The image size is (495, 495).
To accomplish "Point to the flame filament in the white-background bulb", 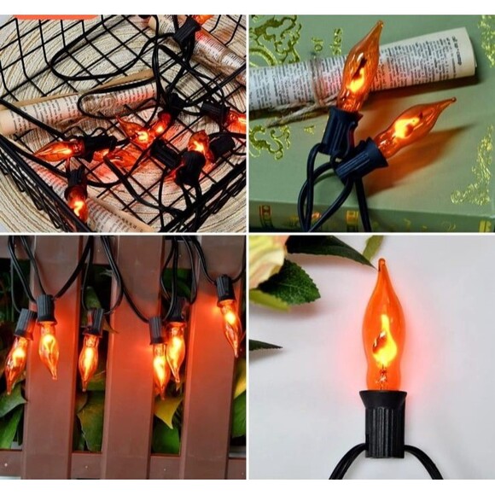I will [x=382, y=336].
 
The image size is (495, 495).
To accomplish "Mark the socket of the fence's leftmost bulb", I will [x=25, y=324].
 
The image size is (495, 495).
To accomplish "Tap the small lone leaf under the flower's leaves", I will [x=264, y=345].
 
